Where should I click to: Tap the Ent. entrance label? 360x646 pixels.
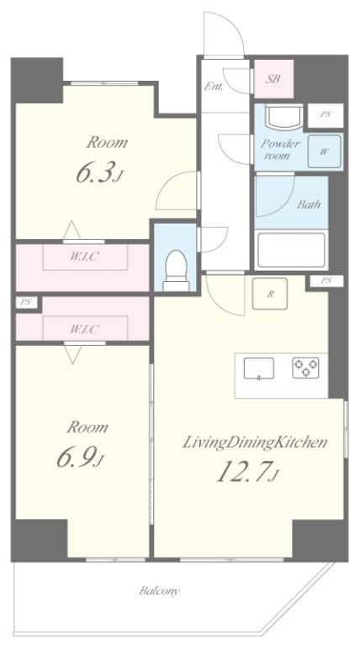click(214, 87)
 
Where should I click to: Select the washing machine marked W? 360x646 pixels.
click(325, 151)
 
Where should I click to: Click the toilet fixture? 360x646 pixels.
click(177, 271)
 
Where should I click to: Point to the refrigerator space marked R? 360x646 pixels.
click(270, 294)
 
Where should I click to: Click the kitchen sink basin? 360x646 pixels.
click(259, 368)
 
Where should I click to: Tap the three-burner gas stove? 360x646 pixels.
click(305, 368)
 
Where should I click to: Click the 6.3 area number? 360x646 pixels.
click(99, 172)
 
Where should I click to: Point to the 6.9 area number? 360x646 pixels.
click(80, 458)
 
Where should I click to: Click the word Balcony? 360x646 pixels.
click(159, 591)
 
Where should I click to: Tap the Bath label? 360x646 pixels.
click(309, 204)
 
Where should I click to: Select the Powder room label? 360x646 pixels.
click(280, 150)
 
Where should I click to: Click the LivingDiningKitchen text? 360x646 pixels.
click(255, 443)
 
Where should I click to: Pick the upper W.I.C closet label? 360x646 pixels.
click(84, 257)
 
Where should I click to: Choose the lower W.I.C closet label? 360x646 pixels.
click(84, 329)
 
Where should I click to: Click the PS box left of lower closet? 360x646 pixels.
click(26, 303)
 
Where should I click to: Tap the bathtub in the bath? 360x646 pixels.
click(291, 251)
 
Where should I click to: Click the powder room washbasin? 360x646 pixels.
click(283, 115)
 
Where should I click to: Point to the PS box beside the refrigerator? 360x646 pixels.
click(326, 282)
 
